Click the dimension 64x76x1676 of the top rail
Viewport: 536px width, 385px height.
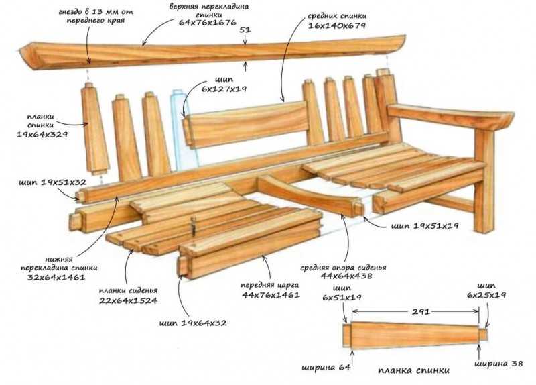(x=208, y=23)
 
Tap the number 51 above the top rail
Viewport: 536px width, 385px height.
(x=245, y=30)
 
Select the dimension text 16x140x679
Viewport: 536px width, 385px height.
(x=337, y=25)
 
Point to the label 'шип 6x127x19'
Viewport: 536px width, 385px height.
(x=224, y=85)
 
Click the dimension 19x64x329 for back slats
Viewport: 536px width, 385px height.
(x=42, y=135)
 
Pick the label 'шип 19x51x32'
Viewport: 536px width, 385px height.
(x=52, y=182)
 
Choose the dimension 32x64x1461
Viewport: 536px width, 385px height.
(x=56, y=277)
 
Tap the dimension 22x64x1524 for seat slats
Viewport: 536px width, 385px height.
(x=128, y=300)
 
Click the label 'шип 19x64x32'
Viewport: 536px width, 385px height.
(x=193, y=323)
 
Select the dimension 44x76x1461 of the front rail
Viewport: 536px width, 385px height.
(x=271, y=294)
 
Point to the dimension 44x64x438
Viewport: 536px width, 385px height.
(x=346, y=276)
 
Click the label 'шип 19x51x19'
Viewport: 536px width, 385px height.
(x=425, y=226)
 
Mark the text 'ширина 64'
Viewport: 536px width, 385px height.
(x=326, y=368)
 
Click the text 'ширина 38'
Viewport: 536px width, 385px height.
(x=498, y=364)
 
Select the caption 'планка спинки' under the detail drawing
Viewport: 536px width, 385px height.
(x=413, y=370)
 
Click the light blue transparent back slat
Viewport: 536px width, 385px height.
(x=183, y=130)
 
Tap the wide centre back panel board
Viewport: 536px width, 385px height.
(x=247, y=124)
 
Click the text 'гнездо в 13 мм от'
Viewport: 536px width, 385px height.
(x=96, y=12)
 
